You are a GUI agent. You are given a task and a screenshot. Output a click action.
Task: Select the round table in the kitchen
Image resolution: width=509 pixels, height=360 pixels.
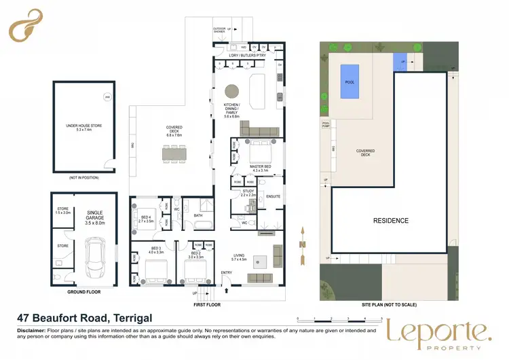pos(233,90)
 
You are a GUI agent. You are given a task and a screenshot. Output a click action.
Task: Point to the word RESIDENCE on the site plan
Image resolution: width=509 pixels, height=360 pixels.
pos(390,221)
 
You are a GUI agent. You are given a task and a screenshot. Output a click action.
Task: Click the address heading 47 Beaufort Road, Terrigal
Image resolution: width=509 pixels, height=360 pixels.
pos(85,318)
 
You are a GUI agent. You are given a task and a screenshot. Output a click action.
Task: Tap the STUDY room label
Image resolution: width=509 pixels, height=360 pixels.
pos(248,192)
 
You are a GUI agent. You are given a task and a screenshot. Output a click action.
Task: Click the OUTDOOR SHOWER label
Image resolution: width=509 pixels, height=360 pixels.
pos(219,31)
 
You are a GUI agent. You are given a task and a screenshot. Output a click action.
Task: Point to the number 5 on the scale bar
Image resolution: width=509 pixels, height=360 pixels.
pos(381,318)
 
